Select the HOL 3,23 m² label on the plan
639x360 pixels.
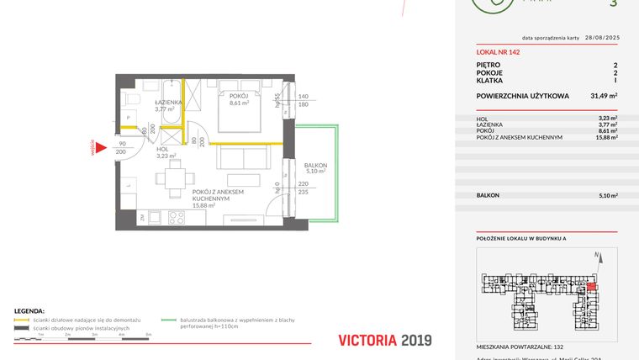(166, 152)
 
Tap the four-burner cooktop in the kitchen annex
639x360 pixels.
(176, 217)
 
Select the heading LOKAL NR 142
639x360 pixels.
(498, 52)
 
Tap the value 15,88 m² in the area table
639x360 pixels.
(604, 138)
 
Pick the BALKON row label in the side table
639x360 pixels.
(488, 195)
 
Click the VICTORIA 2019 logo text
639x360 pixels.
(383, 340)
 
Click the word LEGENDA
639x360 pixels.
(29, 311)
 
